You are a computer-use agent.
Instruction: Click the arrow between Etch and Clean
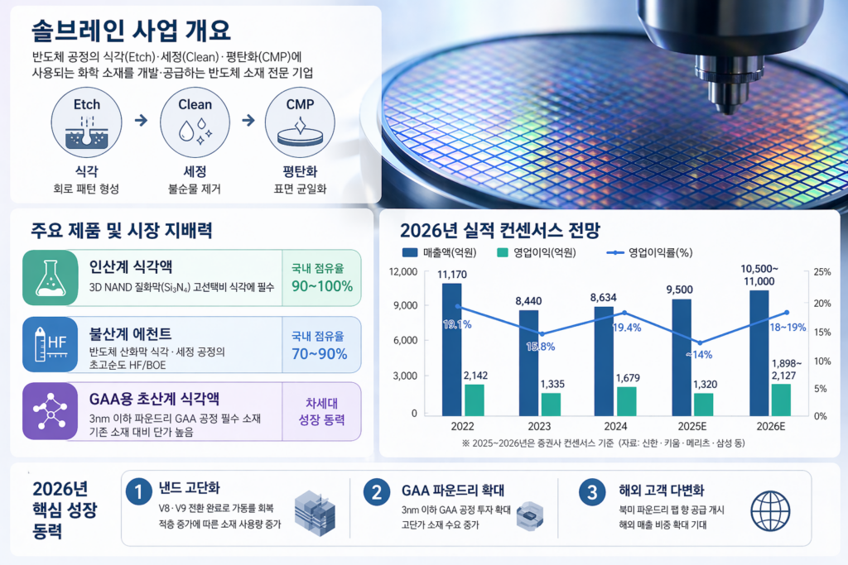[141, 121]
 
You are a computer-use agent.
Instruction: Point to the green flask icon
[49, 278]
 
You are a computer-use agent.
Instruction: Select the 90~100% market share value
[321, 286]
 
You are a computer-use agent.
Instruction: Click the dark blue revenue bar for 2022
[452, 347]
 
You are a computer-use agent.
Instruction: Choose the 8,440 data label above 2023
[528, 301]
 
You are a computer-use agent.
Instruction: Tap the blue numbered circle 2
[377, 493]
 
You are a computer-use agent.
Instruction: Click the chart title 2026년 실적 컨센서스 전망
[499, 229]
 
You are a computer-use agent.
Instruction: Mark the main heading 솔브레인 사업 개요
[131, 31]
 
